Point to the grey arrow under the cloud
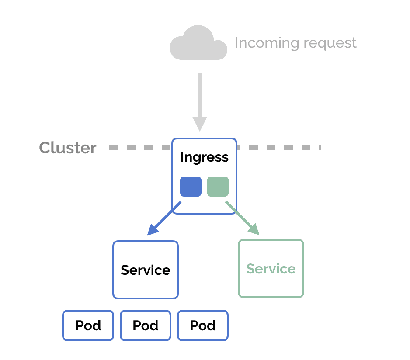[x=200, y=96]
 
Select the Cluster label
[x=68, y=148]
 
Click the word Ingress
[x=204, y=157]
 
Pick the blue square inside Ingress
[x=191, y=187]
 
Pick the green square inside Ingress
[x=218, y=187]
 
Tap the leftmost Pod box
[x=88, y=325]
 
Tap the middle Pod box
[x=146, y=325]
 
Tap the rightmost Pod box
[x=203, y=325]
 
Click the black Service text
[x=146, y=270]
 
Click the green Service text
[x=271, y=269]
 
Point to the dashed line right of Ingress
[x=280, y=148]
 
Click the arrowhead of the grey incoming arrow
[x=200, y=124]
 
